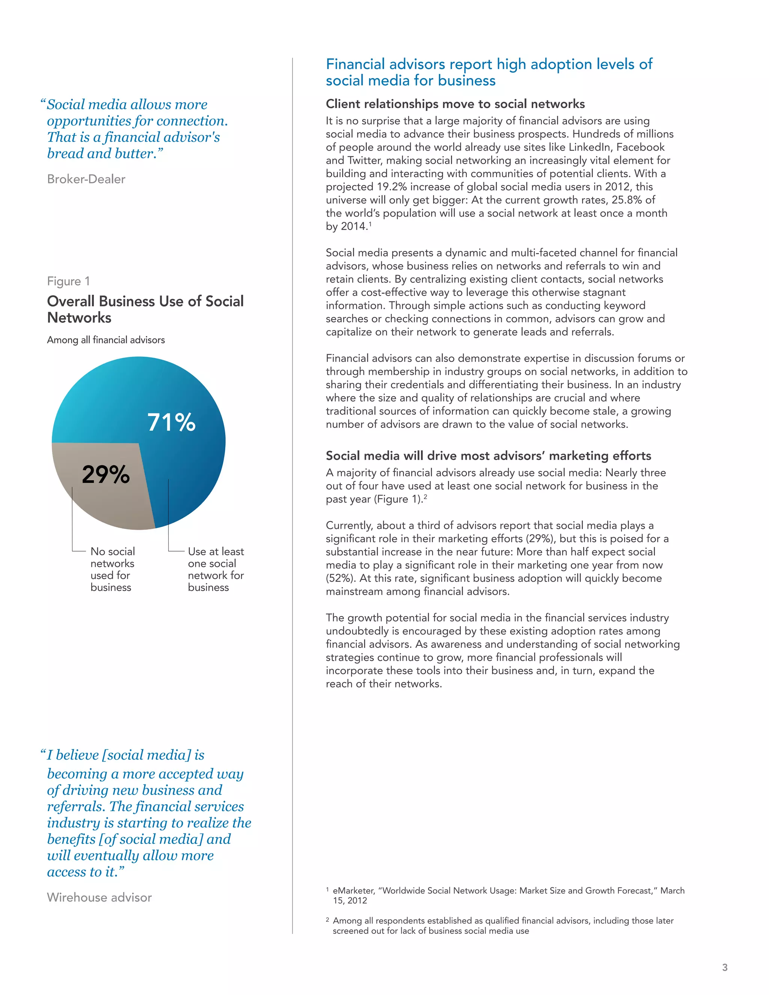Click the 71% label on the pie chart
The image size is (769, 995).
(171, 422)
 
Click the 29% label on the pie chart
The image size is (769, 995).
(106, 474)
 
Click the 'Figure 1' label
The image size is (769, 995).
(68, 281)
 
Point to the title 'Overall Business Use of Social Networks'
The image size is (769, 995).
(145, 309)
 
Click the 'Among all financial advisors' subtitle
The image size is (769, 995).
(106, 340)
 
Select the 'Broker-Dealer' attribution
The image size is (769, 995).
(86, 179)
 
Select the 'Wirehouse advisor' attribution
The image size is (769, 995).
(99, 897)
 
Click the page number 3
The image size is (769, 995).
(724, 967)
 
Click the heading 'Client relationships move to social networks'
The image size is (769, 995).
(455, 104)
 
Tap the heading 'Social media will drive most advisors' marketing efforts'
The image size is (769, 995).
(488, 455)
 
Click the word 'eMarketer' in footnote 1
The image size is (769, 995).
(353, 891)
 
